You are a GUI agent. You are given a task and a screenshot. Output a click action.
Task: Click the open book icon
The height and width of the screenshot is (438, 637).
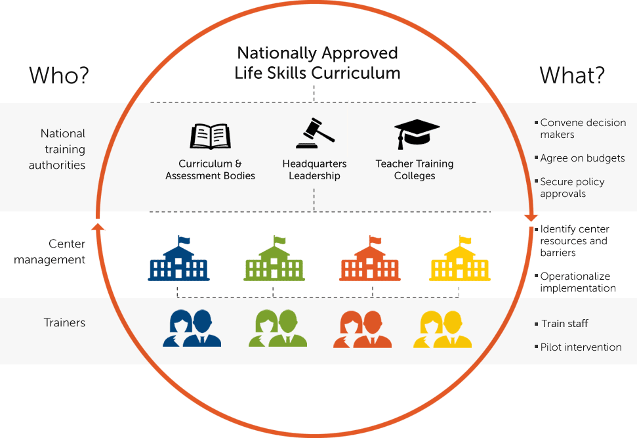click(210, 136)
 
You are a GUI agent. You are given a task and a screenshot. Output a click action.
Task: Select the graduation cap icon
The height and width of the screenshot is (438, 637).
click(416, 134)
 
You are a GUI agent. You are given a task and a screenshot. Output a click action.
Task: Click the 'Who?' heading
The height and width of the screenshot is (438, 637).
click(58, 76)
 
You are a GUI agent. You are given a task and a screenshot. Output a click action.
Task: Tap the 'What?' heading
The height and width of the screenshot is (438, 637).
click(572, 76)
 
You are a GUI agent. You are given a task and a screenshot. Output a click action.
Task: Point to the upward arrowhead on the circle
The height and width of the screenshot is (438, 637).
click(97, 227)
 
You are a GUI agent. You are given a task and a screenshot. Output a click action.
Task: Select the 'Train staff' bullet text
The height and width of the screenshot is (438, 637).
click(564, 324)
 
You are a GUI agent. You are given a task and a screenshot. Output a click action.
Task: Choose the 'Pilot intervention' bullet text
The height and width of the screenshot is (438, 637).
click(581, 347)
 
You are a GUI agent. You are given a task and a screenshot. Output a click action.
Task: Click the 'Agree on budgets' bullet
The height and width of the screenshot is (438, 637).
click(582, 158)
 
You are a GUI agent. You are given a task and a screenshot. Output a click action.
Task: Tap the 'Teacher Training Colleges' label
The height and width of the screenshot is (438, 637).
click(414, 169)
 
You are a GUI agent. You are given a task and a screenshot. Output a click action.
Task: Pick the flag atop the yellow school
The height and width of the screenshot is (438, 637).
click(465, 239)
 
